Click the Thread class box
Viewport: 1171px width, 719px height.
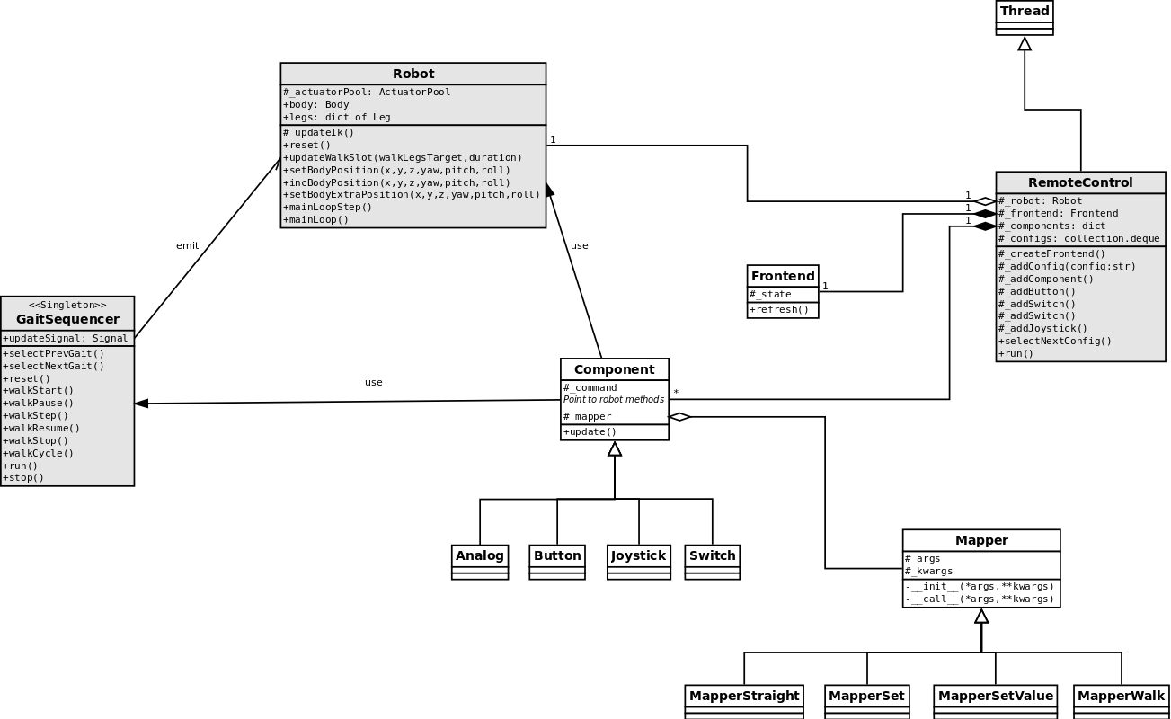coord(1025,17)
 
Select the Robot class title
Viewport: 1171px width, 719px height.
coord(413,74)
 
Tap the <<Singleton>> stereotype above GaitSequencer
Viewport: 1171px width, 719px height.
coord(67,306)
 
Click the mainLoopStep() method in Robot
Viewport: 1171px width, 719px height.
coord(328,207)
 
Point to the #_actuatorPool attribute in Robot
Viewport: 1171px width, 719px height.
coord(367,92)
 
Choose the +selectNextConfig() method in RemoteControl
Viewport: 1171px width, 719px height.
coord(1055,341)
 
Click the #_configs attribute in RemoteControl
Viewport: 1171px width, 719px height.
coord(1078,238)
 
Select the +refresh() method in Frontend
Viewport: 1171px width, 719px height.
coord(779,310)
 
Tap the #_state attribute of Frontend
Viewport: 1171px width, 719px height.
coord(771,294)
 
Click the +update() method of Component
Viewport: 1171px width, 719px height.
coord(590,431)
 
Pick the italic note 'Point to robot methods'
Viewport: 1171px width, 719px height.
coord(614,399)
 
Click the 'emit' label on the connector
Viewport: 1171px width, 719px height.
coord(188,245)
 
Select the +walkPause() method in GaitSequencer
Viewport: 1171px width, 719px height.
coord(39,403)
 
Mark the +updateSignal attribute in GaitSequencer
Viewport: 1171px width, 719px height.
coord(66,338)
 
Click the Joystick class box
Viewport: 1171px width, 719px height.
coord(638,561)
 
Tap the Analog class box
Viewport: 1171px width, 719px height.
coord(480,561)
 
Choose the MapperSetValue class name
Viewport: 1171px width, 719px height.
coord(995,696)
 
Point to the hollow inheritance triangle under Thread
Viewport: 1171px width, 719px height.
coord(1025,43)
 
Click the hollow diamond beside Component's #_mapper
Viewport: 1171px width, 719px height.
coord(679,416)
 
